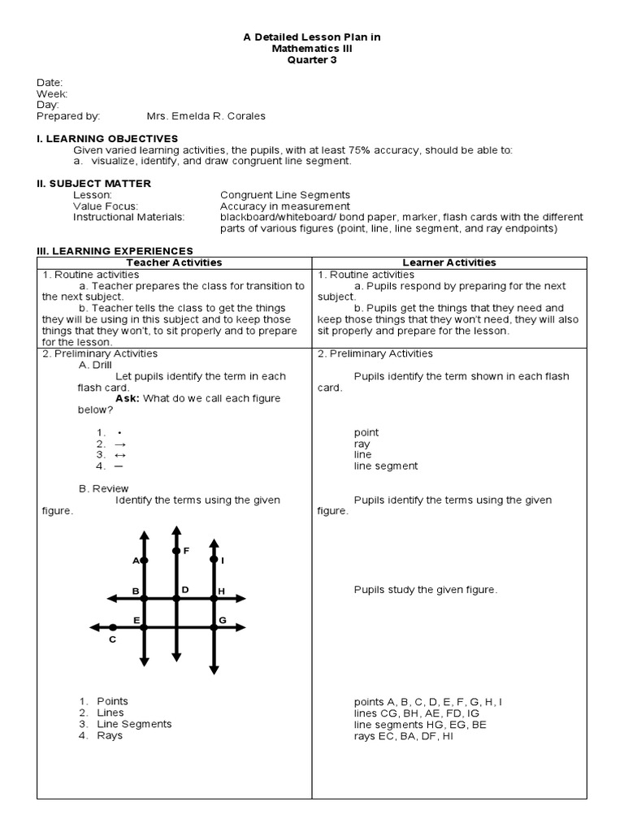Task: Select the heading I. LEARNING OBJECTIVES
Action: tap(107, 139)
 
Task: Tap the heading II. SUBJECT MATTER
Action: tap(94, 184)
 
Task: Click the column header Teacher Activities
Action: tap(175, 262)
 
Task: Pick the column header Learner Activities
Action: tap(448, 262)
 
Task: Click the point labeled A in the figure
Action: tap(144, 561)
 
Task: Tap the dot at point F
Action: tap(176, 551)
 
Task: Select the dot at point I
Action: tap(214, 560)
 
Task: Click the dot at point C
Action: tap(113, 627)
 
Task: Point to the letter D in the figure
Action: tap(185, 589)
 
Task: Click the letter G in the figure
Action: tap(221, 621)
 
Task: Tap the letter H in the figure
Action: tap(221, 591)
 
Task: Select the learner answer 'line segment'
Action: tap(386, 466)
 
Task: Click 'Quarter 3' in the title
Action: tap(312, 60)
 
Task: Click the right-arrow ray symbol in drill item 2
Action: tap(120, 444)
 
